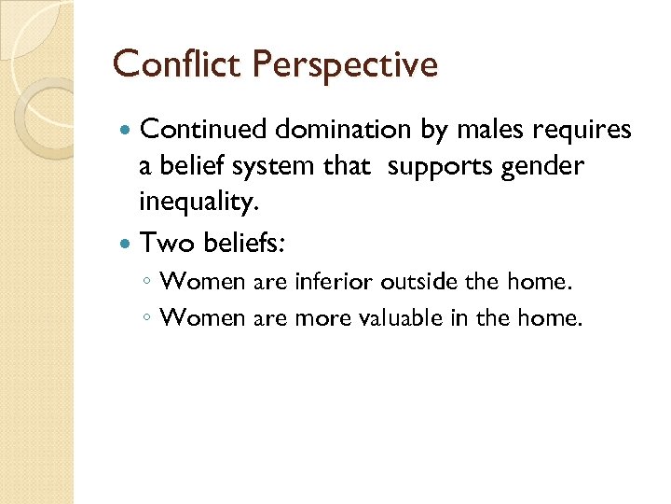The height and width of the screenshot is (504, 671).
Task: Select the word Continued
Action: [204, 130]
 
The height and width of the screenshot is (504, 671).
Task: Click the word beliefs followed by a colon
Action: [245, 243]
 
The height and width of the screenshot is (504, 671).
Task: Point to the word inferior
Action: [333, 280]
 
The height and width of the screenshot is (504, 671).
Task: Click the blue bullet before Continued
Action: [127, 131]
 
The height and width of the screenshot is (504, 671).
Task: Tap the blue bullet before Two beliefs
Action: [127, 244]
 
